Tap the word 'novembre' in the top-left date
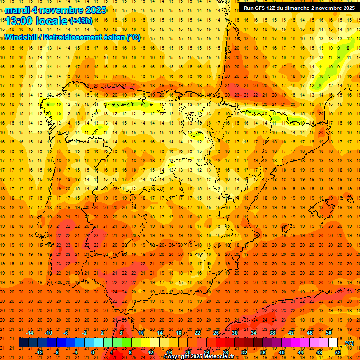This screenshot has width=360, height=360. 63,10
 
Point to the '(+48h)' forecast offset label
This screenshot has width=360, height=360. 81,21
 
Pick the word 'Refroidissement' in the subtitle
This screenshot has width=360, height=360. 82,37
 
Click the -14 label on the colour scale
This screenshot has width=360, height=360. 30,333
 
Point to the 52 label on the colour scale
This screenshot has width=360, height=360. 338,352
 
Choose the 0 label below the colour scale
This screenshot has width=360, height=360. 93,352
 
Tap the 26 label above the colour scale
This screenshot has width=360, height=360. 216,333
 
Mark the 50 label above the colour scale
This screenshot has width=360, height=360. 329,333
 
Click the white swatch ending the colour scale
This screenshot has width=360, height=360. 333,343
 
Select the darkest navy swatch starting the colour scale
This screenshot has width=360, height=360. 23,343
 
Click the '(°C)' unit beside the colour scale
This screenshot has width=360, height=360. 349,343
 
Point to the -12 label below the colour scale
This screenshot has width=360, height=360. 39,352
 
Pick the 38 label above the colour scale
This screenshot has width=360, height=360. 272,333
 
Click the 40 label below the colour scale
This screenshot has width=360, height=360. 282,352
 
